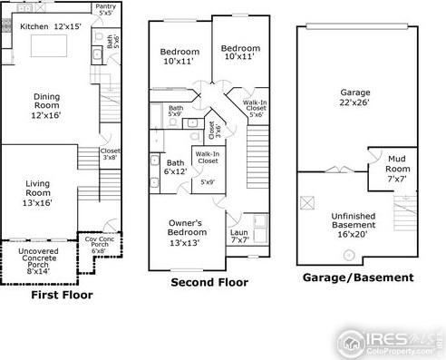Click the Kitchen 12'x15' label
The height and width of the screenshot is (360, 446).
point(51,26)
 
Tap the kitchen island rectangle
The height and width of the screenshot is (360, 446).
point(49,45)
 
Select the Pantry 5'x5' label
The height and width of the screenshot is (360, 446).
point(106,9)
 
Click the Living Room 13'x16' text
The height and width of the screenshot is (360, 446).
point(37,193)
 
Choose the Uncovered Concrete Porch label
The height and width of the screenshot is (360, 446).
point(38,261)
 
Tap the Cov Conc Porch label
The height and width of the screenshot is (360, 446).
point(100,245)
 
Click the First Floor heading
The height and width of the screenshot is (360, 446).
point(62,295)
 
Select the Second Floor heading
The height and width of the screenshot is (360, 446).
point(209,282)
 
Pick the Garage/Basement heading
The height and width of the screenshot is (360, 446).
point(358,277)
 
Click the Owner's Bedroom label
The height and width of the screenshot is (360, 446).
point(186,232)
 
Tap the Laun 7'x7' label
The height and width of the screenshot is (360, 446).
point(239,236)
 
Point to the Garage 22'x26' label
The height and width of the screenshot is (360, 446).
point(354,97)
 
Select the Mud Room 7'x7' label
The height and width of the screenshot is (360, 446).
point(397,169)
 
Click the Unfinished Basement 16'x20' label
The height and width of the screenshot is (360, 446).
point(354,225)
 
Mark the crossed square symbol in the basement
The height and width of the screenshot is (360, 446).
point(307,203)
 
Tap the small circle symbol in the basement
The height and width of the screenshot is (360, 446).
point(349,255)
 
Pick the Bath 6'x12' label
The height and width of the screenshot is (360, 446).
point(175,167)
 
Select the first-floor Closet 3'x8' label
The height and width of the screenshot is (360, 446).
point(110,154)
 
